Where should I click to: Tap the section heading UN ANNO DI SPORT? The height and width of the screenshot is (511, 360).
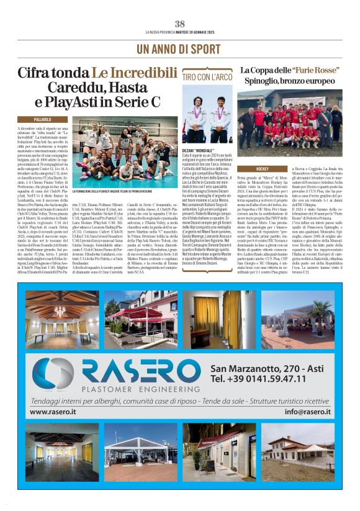coord(180,48)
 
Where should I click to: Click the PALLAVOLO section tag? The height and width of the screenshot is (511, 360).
coord(43,119)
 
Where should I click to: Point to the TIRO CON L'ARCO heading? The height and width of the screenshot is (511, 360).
coord(206,76)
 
